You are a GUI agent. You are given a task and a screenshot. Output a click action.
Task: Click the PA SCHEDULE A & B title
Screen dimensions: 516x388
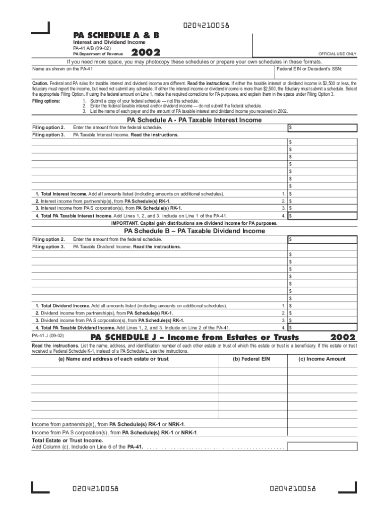(x=116, y=35)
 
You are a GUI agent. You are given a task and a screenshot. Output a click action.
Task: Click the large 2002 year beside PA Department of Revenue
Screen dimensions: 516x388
(x=146, y=52)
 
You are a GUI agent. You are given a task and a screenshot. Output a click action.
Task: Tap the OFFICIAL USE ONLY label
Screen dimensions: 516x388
(x=337, y=54)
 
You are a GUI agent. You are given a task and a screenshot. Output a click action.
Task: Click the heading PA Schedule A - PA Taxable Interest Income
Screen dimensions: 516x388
(x=194, y=120)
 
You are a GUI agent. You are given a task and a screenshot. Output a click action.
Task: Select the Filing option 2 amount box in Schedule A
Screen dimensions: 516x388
(x=322, y=128)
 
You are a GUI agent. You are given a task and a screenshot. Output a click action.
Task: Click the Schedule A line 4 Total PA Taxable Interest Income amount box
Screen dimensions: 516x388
(x=322, y=216)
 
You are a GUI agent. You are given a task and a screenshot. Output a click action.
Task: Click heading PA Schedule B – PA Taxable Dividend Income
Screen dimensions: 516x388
(x=194, y=231)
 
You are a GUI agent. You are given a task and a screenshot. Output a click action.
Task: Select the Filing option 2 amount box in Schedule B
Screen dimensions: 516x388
(x=322, y=239)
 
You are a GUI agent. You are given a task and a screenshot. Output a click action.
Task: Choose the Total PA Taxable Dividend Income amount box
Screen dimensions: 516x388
(x=322, y=328)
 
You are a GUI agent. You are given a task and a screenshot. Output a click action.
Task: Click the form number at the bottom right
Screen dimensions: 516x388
(x=293, y=488)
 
